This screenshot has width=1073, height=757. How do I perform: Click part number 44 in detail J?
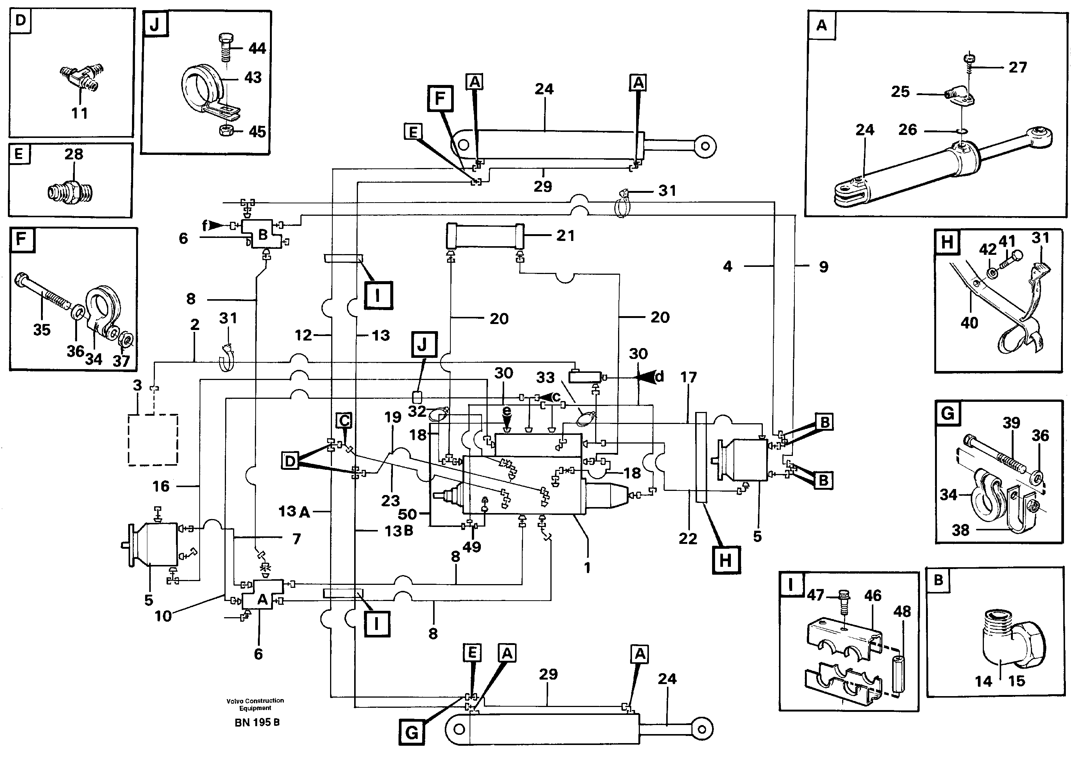coord(256,48)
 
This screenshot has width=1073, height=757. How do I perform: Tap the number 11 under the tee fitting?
coord(79,113)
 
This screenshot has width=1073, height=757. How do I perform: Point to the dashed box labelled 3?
coord(153,439)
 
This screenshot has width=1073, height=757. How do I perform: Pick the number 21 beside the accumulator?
coord(565,236)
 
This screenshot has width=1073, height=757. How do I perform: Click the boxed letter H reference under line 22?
coord(725,559)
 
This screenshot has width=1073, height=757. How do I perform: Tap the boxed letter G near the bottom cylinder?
coord(412,732)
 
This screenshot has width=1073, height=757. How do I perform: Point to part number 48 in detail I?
coord(902,611)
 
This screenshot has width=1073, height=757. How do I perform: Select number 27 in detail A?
coord(1017,67)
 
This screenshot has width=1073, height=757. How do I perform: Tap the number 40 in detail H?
coord(969,322)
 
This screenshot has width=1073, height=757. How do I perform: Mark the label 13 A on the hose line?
coord(294,511)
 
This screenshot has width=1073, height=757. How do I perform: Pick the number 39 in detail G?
coord(1011,423)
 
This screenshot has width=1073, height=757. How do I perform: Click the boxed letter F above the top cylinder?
coord(440,98)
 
